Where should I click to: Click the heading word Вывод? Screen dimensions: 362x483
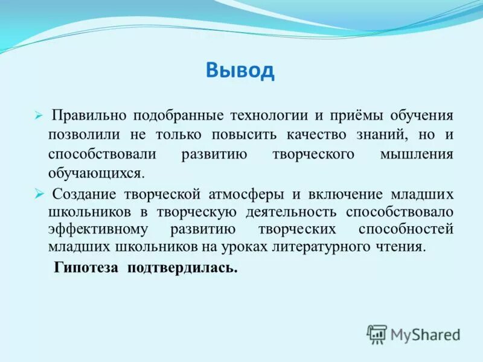(x=240, y=71)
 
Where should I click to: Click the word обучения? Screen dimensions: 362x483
(x=421, y=115)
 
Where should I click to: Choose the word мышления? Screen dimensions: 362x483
(x=416, y=154)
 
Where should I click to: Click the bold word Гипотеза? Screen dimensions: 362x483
(x=88, y=267)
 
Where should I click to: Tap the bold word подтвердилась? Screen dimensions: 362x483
(x=182, y=267)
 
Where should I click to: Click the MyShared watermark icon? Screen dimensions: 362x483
(x=377, y=334)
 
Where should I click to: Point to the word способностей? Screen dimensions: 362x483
(x=405, y=230)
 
